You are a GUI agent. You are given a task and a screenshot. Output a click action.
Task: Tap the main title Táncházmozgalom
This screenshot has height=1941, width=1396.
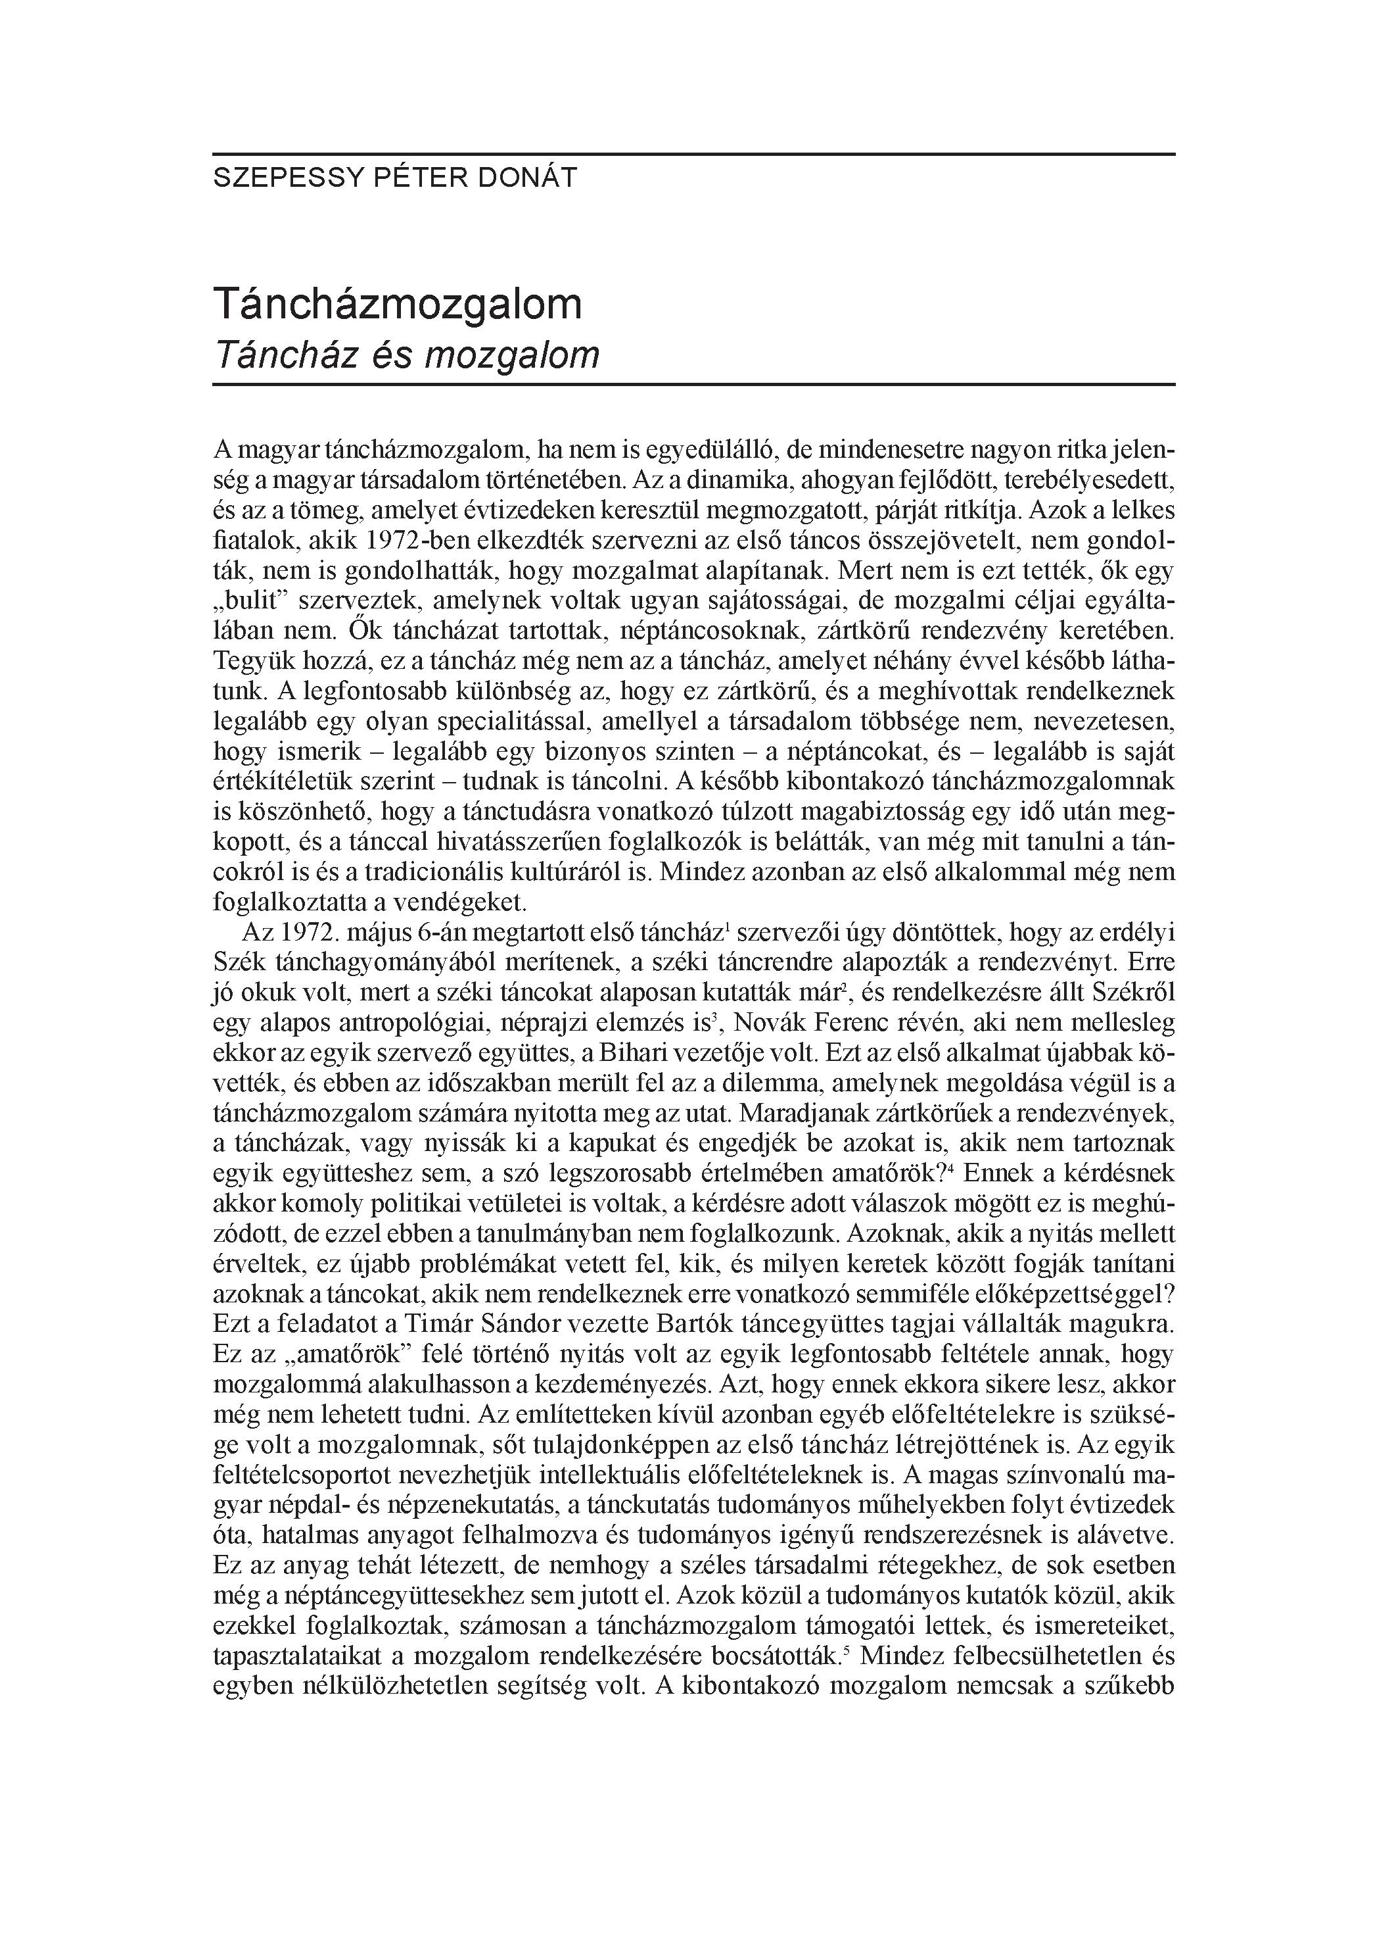[398, 304]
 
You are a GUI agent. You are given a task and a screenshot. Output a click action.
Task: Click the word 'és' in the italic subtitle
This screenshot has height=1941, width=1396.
[386, 355]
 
